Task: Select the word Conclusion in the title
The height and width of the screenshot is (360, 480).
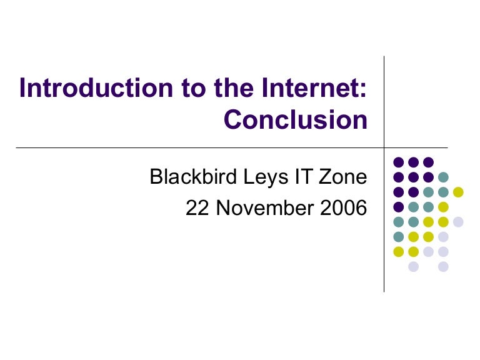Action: point(295,120)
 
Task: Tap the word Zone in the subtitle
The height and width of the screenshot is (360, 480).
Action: point(342,177)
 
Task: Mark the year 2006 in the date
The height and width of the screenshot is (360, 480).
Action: point(342,208)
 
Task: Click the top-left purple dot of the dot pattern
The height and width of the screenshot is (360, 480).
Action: point(398,162)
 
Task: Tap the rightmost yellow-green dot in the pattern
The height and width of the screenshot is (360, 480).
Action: point(458,191)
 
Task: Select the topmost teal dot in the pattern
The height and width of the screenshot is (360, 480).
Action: point(443,177)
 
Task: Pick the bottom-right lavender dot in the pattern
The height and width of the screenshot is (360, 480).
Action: point(443,267)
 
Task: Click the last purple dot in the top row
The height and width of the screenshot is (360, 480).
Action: point(428,162)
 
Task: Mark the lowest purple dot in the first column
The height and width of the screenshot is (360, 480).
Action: point(398,207)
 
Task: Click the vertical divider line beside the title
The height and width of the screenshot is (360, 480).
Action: point(384,100)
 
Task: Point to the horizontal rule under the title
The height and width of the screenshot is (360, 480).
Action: point(187,148)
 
